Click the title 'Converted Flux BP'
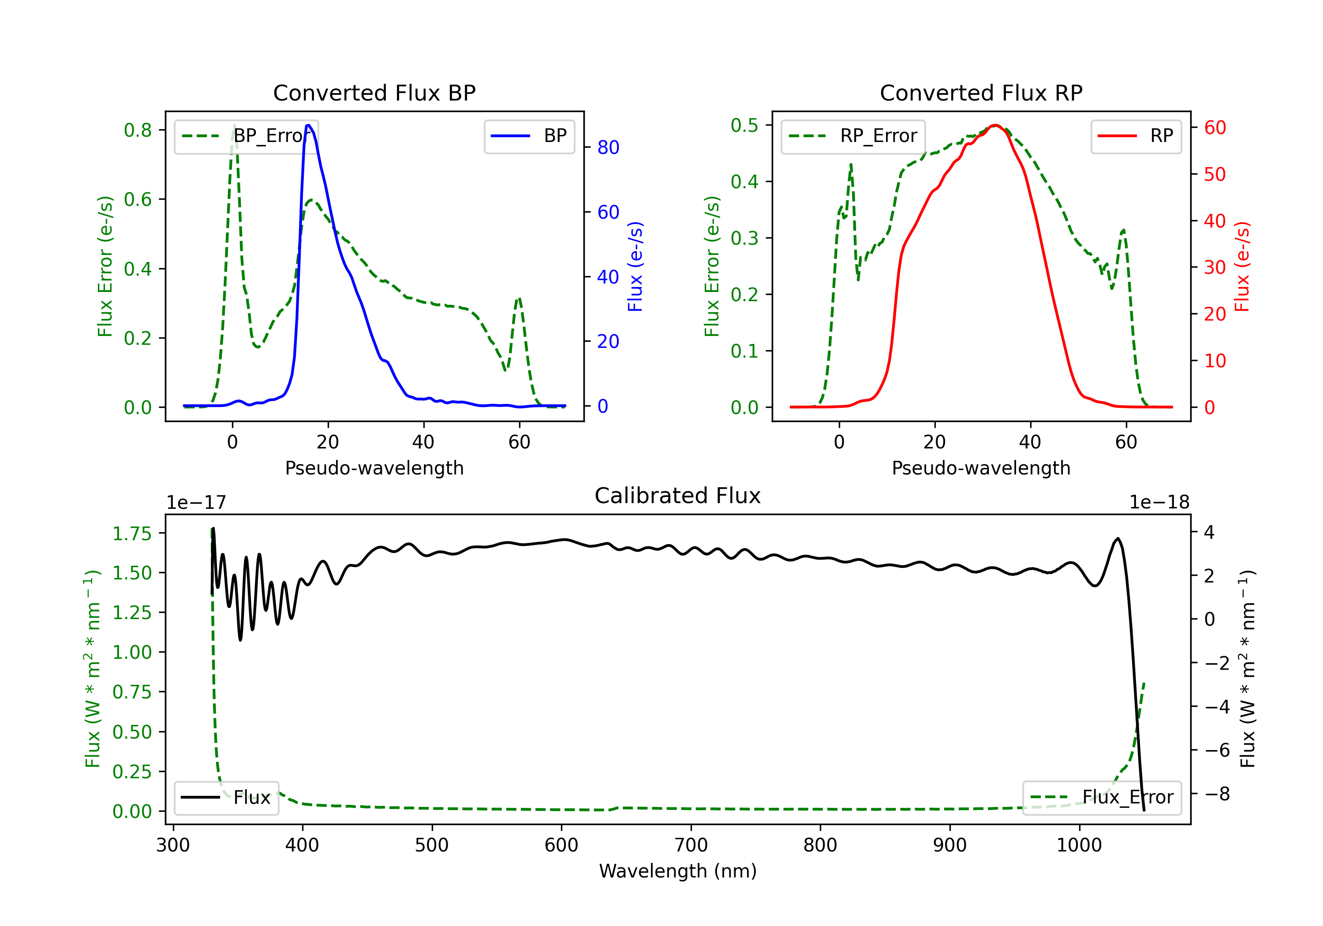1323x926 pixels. click(x=374, y=93)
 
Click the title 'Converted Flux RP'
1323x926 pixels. click(x=981, y=93)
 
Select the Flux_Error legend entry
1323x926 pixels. click(x=1102, y=798)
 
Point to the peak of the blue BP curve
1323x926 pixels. click(x=308, y=125)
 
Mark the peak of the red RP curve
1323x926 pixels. click(x=995, y=125)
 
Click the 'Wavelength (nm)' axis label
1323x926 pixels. click(x=678, y=871)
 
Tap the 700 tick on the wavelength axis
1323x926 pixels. click(x=691, y=845)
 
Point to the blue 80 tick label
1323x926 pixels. click(x=608, y=148)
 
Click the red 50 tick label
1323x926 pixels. click(x=1215, y=175)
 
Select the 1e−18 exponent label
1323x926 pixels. click(x=1159, y=503)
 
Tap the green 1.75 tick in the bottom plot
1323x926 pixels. click(x=132, y=534)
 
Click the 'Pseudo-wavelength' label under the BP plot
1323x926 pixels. click(x=374, y=468)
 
